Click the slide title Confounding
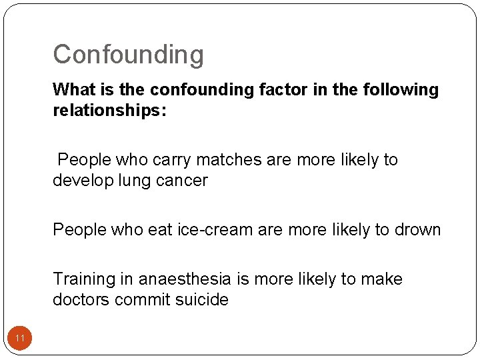(128, 55)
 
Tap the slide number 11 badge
(20, 339)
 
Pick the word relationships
(109, 110)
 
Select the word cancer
(183, 181)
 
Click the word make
(382, 279)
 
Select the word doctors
(81, 300)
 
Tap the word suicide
(203, 300)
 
